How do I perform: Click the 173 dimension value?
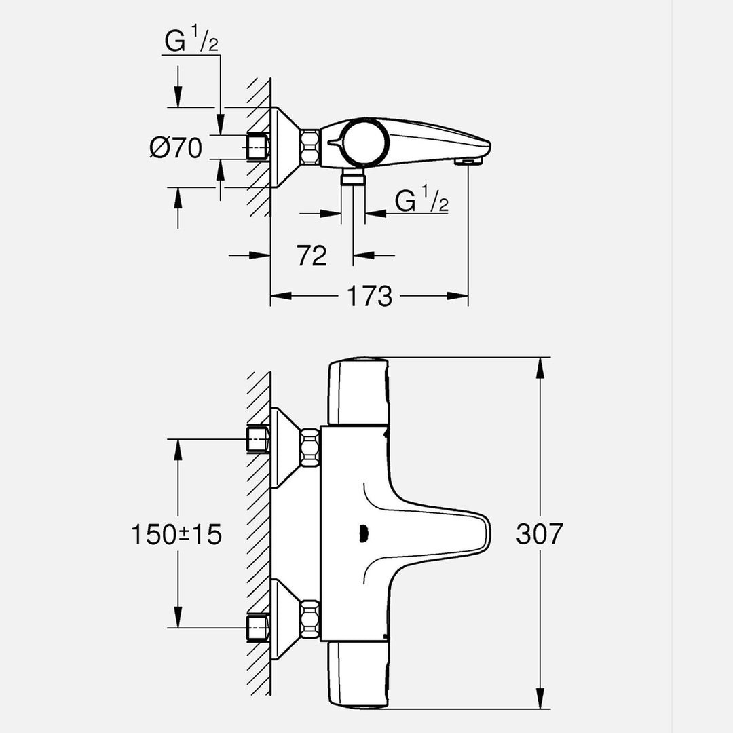[370, 297]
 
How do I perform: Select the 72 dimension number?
[312, 256]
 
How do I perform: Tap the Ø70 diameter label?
[176, 147]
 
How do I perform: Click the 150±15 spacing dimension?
[176, 534]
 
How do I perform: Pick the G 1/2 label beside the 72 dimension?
[421, 202]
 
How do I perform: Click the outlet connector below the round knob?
[352, 177]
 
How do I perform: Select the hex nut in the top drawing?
[311, 147]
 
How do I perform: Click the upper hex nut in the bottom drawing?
[310, 447]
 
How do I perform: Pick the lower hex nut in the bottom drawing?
[310, 619]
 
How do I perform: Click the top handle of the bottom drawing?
[358, 392]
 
